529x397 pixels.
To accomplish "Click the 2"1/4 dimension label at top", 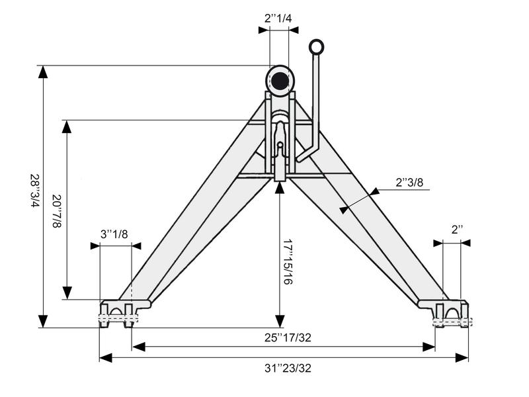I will tap(278, 19).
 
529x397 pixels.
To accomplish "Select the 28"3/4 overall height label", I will tap(34, 191).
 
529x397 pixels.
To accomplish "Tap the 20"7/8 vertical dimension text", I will tap(57, 211).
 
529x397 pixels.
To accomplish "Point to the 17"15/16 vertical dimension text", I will tap(288, 261).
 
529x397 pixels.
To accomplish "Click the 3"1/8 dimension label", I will tap(114, 234).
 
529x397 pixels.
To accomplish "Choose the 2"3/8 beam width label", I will tap(409, 182).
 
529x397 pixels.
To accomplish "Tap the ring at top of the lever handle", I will tap(317, 46).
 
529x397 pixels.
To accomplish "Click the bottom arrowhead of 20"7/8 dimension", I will tap(66, 293).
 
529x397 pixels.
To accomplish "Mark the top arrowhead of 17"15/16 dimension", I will tap(280, 185).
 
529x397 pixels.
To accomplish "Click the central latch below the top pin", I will tap(280, 149).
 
